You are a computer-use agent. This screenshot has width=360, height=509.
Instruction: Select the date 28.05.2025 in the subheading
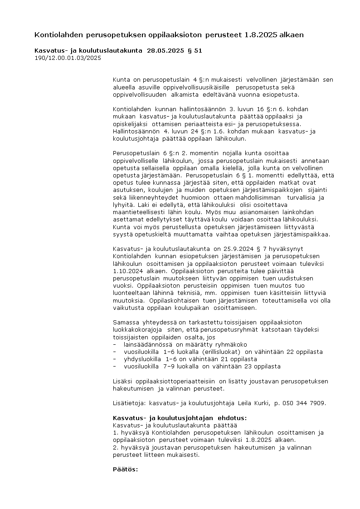[166, 51]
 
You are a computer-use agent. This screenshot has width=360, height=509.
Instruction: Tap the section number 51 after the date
[198, 51]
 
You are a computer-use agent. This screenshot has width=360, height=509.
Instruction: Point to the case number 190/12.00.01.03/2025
[68, 58]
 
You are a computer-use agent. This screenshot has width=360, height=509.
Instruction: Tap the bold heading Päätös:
[125, 469]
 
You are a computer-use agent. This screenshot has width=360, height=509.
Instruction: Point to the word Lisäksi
[123, 381]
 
